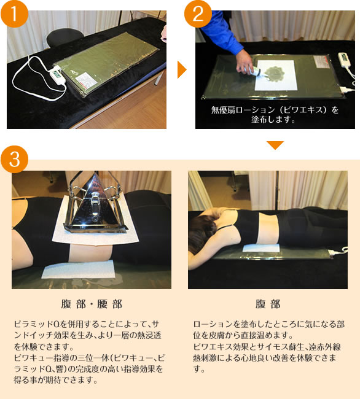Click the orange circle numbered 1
coord(14,14)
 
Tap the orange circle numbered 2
coord(198,14)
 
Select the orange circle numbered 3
coord(14,159)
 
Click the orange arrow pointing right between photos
coord(182,69)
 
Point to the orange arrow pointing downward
coord(275,145)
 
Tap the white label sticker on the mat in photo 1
coord(86,80)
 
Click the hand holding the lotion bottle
coord(244,63)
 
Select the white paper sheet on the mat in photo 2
coord(276,75)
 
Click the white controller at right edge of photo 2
coord(343,60)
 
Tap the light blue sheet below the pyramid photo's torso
coord(78,269)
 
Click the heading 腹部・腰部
coord(92,304)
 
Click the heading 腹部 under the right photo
coord(268,304)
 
